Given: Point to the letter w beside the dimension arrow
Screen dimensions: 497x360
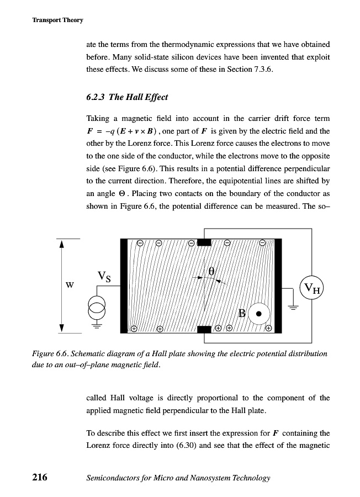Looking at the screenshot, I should point(70,285).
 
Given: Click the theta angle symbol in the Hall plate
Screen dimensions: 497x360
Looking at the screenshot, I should point(211,271).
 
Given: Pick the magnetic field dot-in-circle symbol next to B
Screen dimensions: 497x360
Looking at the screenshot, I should point(258,315).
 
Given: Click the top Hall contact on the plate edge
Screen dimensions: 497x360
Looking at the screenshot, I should point(204,242).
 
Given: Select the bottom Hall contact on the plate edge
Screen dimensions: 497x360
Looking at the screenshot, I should point(204,330).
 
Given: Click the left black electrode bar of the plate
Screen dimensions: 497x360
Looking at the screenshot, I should point(124,285).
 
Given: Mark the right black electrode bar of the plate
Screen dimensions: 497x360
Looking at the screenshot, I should point(278,285).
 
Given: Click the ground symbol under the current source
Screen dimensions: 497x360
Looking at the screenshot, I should point(97,325).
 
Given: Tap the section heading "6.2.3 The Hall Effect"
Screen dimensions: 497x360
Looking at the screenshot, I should point(127,97).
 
